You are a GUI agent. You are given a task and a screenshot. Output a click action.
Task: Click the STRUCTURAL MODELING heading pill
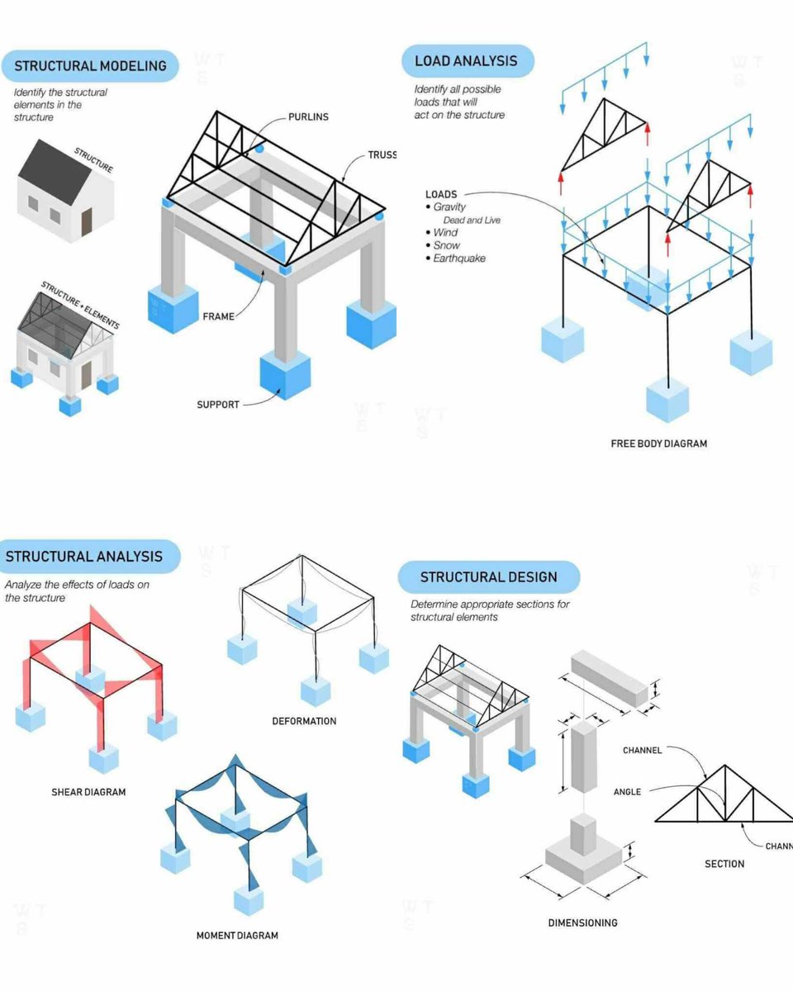90,66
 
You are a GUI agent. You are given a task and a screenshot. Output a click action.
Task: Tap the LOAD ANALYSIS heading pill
466,61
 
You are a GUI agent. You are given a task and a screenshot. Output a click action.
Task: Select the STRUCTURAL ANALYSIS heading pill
84,557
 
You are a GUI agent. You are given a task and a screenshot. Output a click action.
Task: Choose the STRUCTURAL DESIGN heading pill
488,577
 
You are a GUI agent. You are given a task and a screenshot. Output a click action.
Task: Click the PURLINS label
308,116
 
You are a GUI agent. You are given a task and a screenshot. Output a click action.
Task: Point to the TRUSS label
382,154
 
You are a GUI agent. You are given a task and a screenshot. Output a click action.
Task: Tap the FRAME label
218,316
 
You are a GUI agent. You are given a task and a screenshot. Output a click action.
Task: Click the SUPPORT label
218,405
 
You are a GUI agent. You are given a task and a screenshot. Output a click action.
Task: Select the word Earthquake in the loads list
459,258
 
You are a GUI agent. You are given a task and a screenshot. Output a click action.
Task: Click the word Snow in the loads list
447,245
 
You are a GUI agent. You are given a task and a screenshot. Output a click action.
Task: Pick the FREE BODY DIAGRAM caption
658,443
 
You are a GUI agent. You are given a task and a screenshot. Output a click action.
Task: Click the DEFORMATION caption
304,721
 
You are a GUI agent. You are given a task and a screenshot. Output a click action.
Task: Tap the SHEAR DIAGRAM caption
88,792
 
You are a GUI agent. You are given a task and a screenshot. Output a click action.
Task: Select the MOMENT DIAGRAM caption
237,936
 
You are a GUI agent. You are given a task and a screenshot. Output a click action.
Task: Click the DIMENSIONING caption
582,922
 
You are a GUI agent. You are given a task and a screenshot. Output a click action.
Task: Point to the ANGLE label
627,792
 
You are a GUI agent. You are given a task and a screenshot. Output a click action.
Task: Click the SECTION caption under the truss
724,864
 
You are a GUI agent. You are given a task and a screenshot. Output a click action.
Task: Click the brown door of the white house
87,221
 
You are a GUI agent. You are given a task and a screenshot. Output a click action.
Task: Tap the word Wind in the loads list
445,233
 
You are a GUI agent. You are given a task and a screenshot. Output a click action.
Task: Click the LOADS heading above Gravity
440,195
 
